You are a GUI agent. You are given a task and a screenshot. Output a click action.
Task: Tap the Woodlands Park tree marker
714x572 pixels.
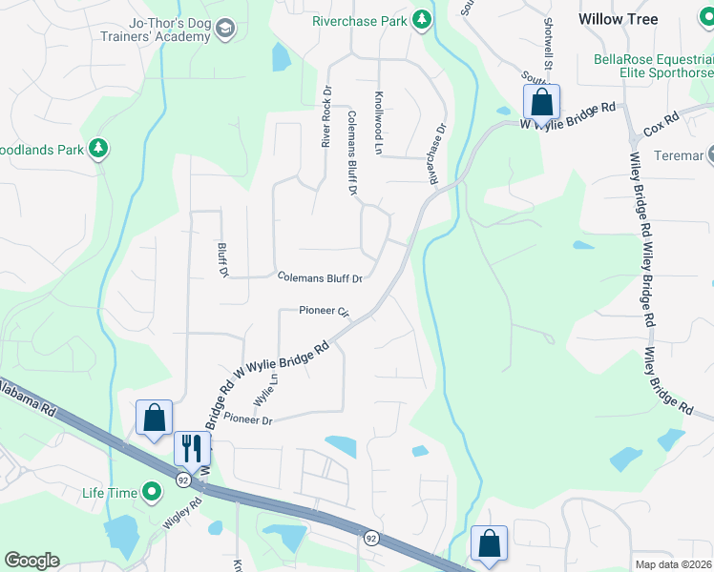[x=96, y=148]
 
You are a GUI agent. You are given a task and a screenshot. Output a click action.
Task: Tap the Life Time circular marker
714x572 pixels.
[x=151, y=492]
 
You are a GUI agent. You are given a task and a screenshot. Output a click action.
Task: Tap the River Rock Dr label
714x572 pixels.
[x=326, y=118]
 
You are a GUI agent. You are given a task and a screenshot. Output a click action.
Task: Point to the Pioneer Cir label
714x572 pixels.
[x=325, y=311]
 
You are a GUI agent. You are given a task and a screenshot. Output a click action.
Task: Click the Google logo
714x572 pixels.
[x=31, y=561]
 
